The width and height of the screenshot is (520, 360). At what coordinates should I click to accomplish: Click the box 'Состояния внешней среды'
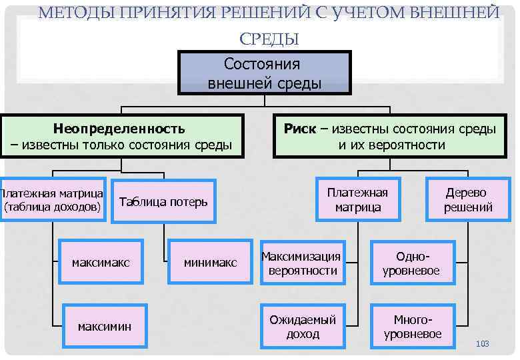tap(264, 73)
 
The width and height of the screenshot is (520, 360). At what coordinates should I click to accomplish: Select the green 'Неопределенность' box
tap(121, 136)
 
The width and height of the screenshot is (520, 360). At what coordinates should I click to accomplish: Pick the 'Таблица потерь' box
tap(163, 202)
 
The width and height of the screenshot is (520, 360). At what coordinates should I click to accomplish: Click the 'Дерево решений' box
tap(468, 199)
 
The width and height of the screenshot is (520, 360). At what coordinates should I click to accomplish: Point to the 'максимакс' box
tap(101, 263)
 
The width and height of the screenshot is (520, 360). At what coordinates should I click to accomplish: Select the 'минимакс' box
tap(210, 263)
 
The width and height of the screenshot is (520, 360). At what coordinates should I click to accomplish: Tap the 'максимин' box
tap(104, 326)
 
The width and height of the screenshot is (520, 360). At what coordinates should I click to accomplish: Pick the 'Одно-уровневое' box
tap(411, 263)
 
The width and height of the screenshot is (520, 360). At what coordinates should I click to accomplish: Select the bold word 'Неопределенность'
tap(119, 129)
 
